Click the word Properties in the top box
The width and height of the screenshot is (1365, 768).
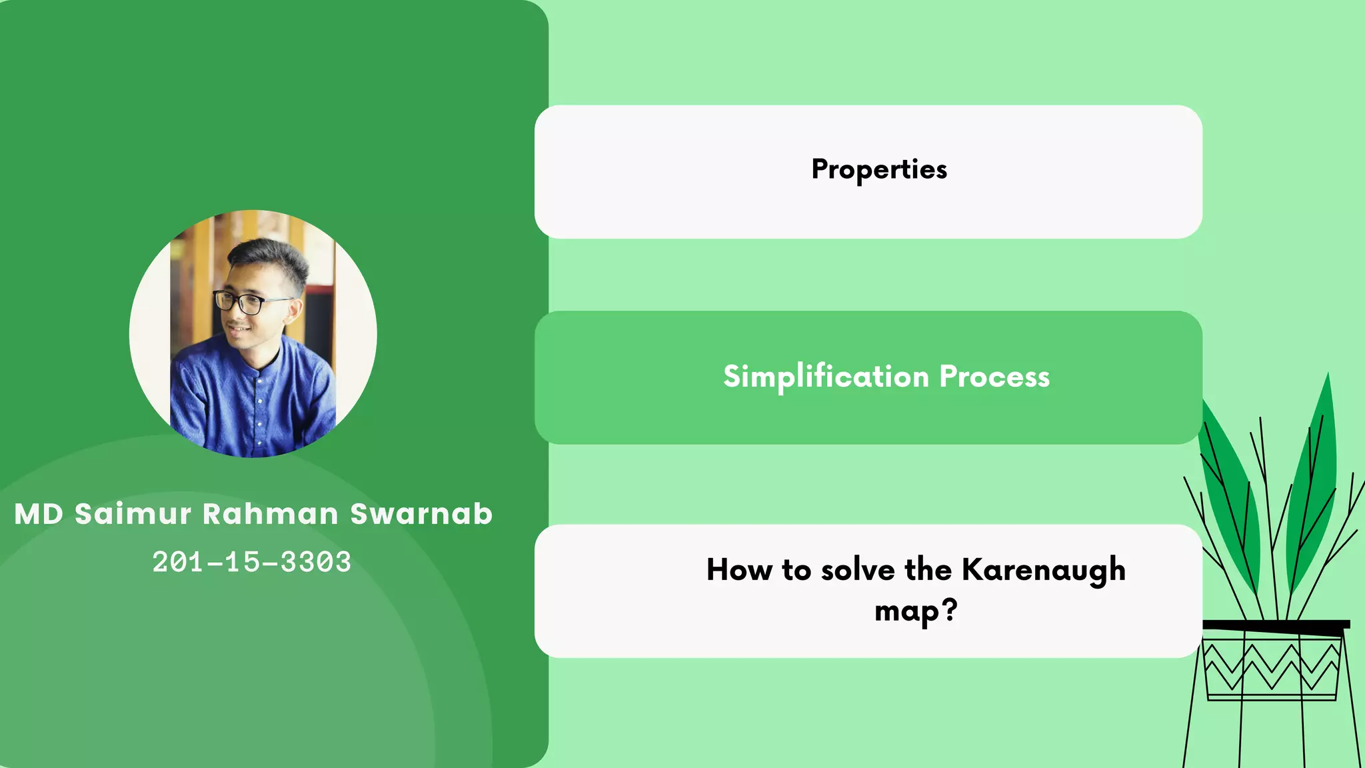click(x=878, y=170)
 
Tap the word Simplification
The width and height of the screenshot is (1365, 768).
click(x=825, y=377)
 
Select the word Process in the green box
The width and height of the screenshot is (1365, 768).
click(x=994, y=377)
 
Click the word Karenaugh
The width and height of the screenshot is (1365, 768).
click(x=1043, y=571)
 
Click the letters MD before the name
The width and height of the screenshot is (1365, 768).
click(x=39, y=514)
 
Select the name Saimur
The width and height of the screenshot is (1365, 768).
click(x=133, y=514)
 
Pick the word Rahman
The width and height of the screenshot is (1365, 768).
click(x=270, y=514)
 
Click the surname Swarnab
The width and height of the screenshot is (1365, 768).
click(x=421, y=514)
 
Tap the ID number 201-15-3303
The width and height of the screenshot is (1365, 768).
click(x=251, y=562)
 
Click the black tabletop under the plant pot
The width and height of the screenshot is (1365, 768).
click(x=1276, y=625)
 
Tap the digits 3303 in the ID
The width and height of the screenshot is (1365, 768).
click(x=315, y=562)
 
